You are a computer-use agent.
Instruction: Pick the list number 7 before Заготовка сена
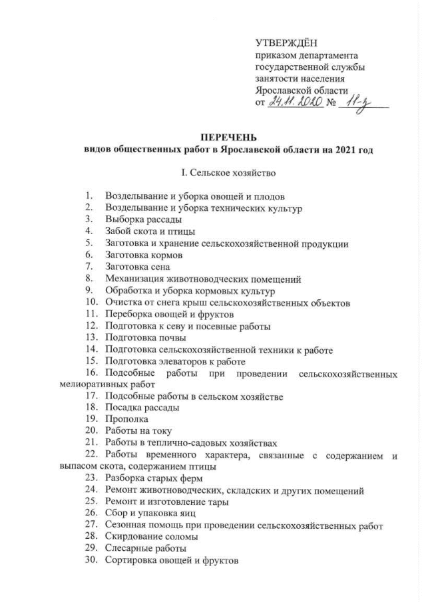(88, 267)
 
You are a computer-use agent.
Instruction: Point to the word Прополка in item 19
(124, 420)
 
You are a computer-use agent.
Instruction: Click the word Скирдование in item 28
(132, 537)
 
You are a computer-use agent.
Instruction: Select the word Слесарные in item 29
(128, 549)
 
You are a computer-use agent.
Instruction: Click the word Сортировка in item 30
(131, 561)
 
